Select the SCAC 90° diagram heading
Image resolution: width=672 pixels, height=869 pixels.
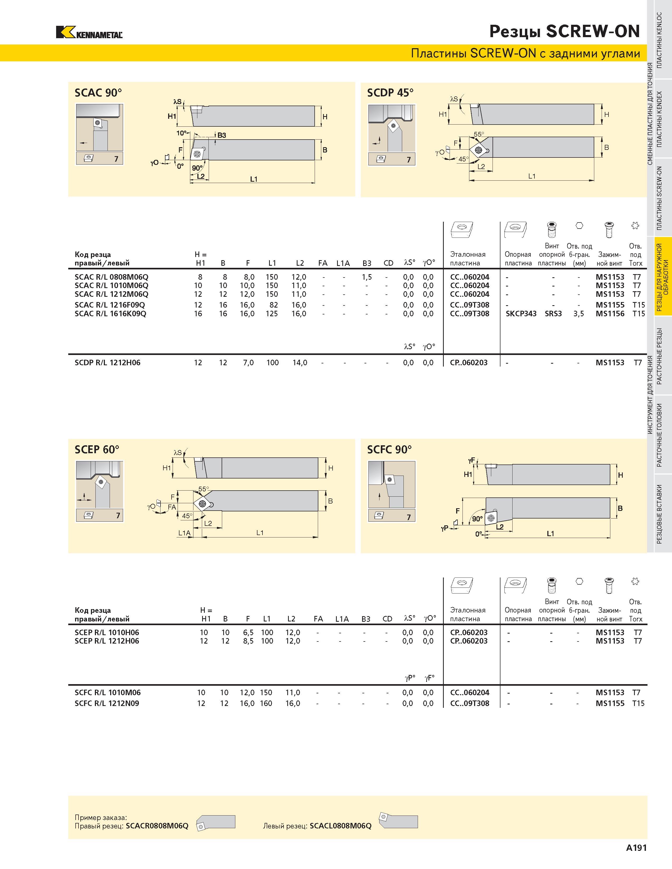[98, 93]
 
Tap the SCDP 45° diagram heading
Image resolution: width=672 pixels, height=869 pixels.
[390, 93]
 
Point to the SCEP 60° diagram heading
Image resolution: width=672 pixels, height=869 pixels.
[97, 450]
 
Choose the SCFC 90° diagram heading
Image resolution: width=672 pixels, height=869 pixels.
[389, 450]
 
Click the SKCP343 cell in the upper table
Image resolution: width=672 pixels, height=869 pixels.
[521, 314]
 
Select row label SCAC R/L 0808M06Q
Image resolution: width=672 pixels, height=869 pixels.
[111, 277]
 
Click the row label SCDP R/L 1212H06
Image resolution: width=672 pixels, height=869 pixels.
[108, 363]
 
